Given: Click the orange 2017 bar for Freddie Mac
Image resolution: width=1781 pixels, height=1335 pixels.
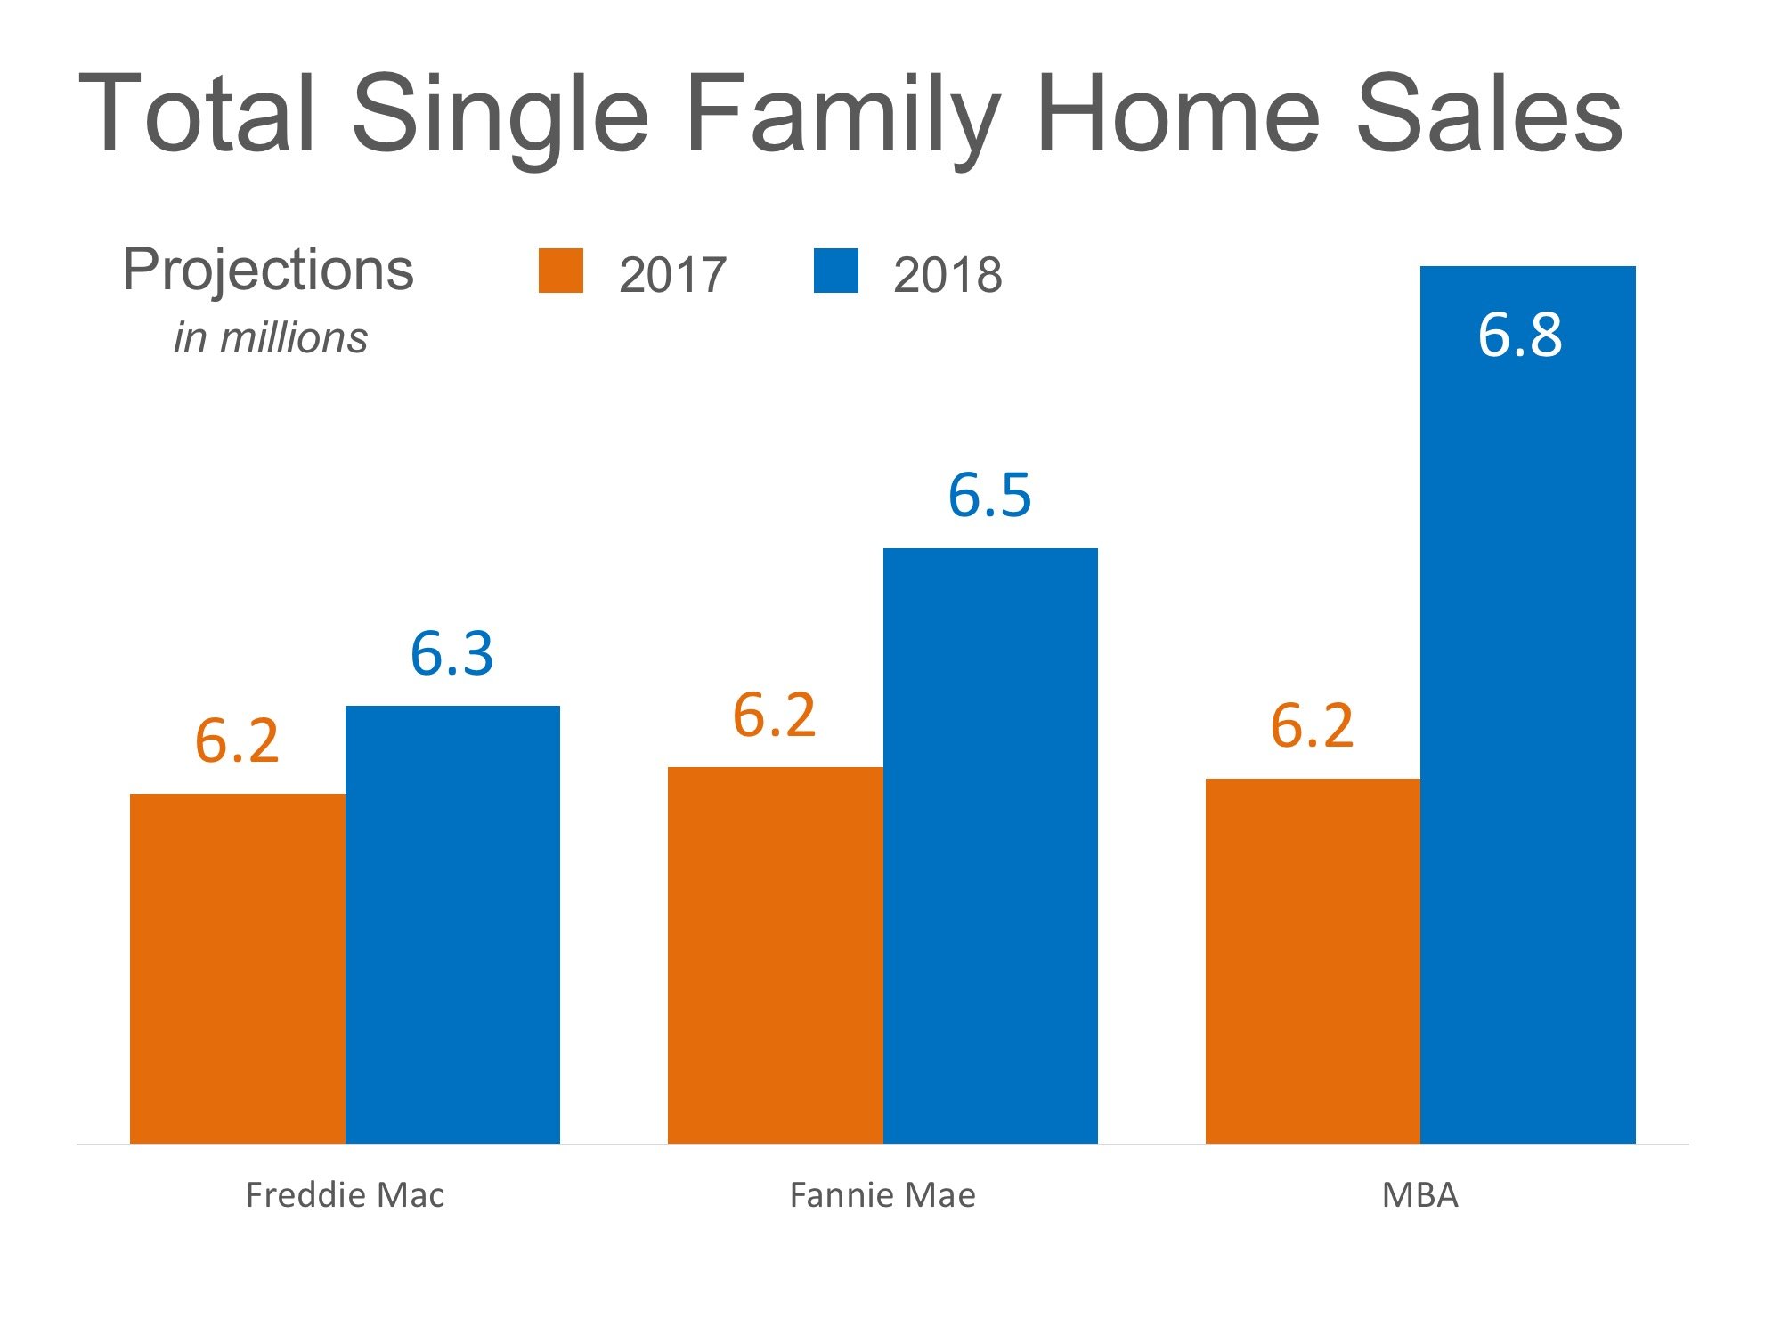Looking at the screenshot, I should click(237, 968).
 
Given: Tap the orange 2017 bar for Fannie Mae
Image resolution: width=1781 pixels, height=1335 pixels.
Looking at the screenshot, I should click(775, 955).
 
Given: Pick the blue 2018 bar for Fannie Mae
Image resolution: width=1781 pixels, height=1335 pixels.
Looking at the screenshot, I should click(990, 845).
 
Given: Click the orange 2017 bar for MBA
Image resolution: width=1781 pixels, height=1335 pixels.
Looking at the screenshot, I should click(1313, 961).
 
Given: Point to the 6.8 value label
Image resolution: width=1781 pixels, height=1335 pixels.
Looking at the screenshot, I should click(1520, 336).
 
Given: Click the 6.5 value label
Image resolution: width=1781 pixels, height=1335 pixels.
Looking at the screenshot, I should click(989, 495).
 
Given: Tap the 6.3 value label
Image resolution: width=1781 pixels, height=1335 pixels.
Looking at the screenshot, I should click(451, 654).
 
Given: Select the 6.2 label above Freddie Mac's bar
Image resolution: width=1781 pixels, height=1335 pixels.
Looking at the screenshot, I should click(237, 740).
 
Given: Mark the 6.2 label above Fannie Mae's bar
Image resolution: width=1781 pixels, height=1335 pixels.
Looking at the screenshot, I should click(774, 715).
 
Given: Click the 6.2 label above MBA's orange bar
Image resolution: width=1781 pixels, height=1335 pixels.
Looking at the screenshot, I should click(1312, 725).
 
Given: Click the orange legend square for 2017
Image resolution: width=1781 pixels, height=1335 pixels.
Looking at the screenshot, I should click(561, 271).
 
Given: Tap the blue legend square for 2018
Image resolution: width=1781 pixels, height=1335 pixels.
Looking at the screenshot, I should click(836, 271).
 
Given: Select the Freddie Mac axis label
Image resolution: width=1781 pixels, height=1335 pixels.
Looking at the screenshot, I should click(345, 1195).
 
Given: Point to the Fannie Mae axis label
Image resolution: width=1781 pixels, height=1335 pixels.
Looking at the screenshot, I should click(882, 1195).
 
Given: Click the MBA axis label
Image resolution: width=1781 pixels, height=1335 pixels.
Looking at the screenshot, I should click(1420, 1195).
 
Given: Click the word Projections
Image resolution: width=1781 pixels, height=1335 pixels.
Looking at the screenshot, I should click(268, 270).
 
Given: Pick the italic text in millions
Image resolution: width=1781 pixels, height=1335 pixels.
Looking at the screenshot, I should click(271, 338).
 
